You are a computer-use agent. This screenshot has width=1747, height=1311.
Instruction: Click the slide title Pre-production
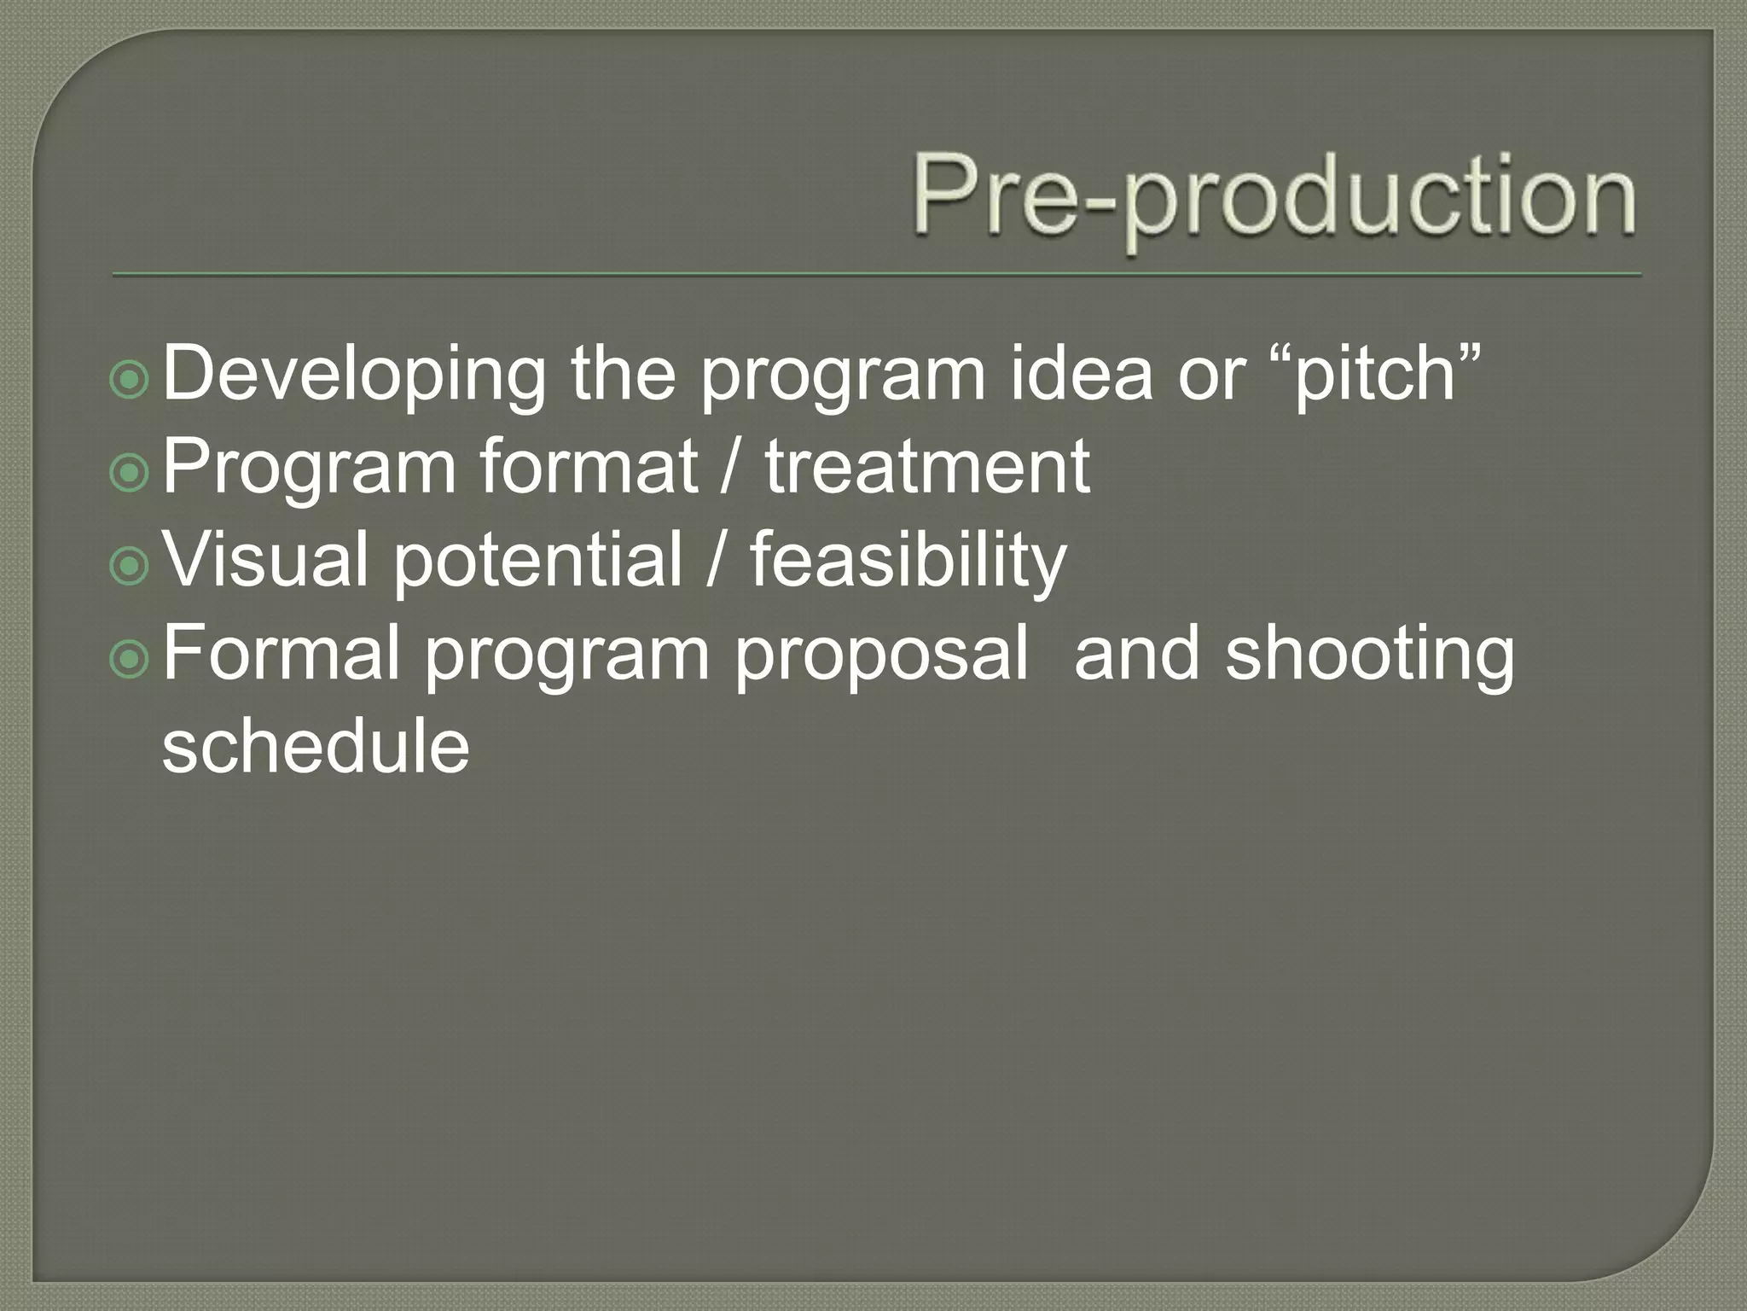[x=1274, y=197]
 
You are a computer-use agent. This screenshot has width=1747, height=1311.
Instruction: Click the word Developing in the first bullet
[x=353, y=375]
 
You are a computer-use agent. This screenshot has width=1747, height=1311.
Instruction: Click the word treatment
[x=926, y=467]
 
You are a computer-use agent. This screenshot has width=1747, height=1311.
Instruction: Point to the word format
[x=588, y=467]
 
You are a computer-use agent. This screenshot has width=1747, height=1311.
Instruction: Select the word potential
[x=537, y=560]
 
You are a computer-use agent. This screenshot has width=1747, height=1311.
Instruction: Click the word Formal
[x=281, y=653]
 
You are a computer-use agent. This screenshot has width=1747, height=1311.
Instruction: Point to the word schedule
[x=316, y=746]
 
